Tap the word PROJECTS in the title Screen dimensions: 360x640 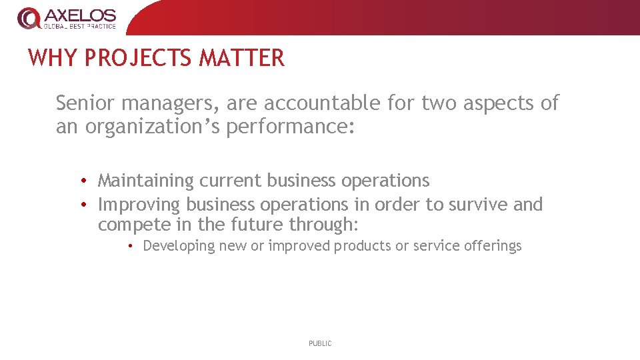[138, 58]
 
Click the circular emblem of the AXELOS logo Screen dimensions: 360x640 [28, 18]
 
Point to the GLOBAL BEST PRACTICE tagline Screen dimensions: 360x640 [80, 27]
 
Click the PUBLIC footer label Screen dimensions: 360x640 [320, 343]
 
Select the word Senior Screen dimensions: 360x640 [84, 103]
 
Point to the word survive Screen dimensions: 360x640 [476, 205]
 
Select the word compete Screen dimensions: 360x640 [134, 225]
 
